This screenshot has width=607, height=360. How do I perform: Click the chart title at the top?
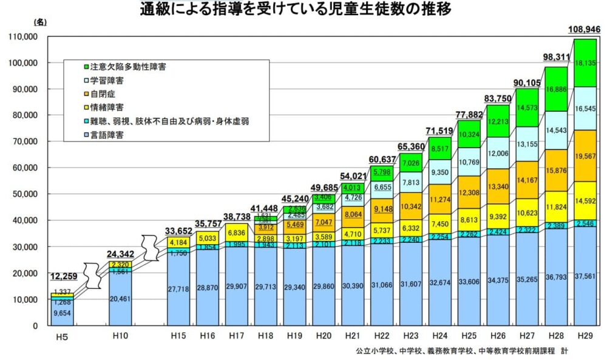(303, 10)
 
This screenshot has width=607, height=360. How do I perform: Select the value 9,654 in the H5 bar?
(63, 314)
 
